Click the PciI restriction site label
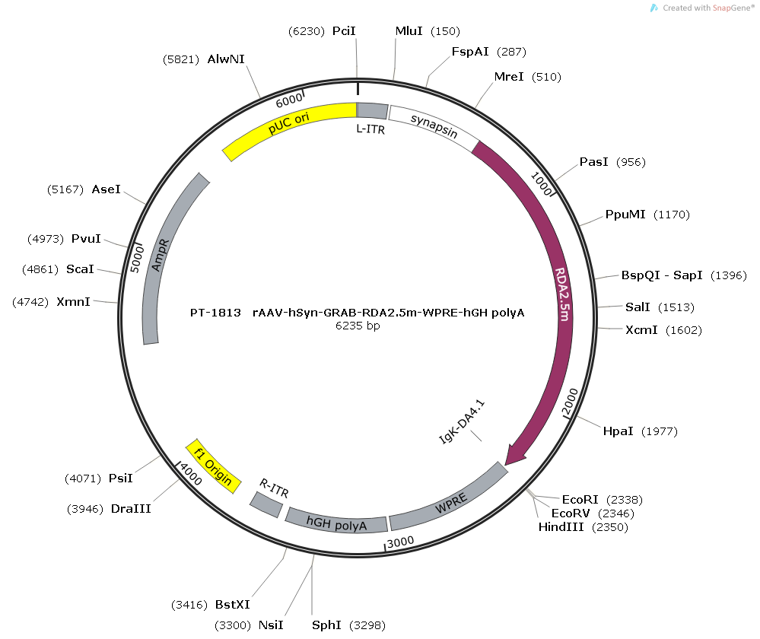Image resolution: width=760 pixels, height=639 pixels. pos(344,31)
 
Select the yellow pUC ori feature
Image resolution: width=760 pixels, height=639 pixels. pos(286,124)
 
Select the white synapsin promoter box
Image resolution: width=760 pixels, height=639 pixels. pos(434,127)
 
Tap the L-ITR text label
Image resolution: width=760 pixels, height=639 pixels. pos(370,129)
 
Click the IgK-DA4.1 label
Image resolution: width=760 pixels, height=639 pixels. pos(462,421)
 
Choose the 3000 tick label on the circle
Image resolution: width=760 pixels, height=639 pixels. pos(401,542)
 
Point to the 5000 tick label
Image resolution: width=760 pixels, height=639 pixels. pos(137,259)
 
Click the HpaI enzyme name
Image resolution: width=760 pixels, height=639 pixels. pos(618,431)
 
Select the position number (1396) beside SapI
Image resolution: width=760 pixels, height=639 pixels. pos(729,275)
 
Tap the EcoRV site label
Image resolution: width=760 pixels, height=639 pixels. pos(571,513)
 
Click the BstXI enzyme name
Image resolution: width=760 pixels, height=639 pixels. pos(233,605)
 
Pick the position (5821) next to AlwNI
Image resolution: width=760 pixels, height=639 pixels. pos(181,59)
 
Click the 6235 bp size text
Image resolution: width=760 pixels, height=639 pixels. pos(358,326)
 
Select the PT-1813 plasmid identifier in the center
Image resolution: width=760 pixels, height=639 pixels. pos(215,313)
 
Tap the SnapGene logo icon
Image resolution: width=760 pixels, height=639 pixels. pos(654,8)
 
